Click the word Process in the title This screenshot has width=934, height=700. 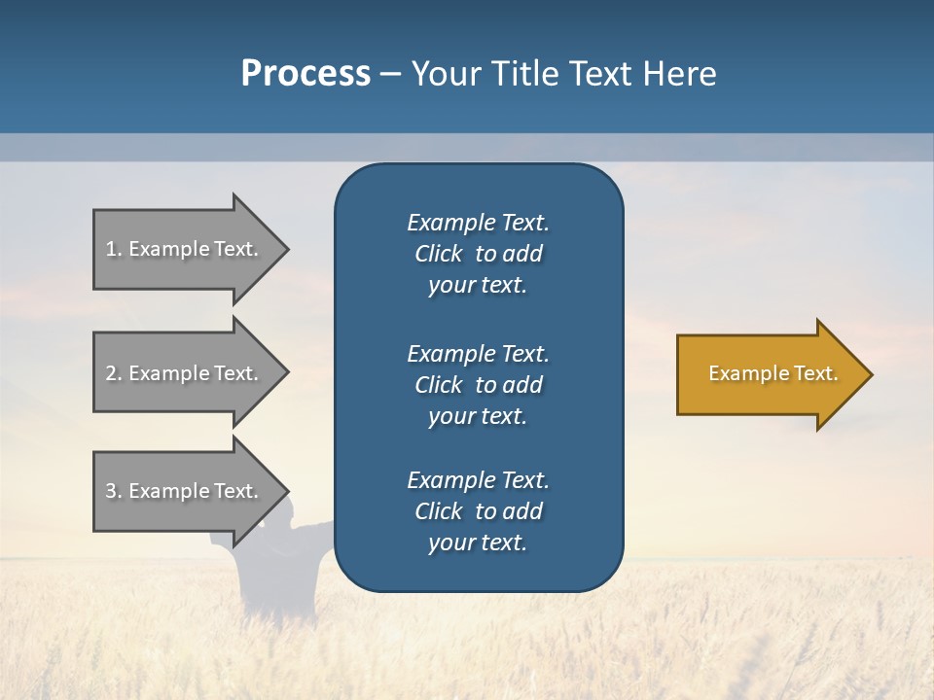pos(305,74)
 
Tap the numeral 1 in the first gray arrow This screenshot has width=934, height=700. pos(110,249)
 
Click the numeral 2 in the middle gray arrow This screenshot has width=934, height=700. pos(110,373)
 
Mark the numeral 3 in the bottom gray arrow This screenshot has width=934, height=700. pos(110,491)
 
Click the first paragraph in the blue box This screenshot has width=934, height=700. pos(478,254)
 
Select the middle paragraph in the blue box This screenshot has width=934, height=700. pos(478,385)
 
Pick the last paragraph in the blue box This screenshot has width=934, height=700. pos(478,511)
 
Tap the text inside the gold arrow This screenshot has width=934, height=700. pos(773,373)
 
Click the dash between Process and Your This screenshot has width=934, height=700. pos(390,75)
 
